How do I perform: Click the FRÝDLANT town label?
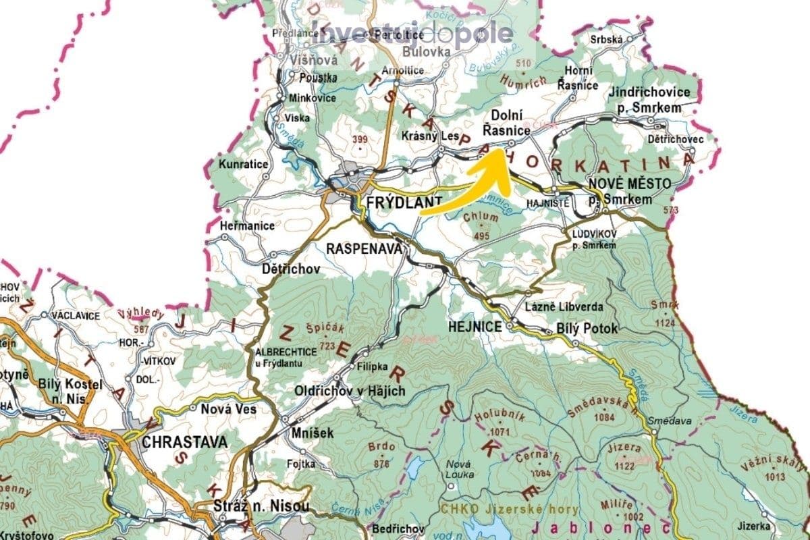[x=403, y=201]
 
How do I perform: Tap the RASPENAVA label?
[x=364, y=248]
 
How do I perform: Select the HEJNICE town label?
[x=475, y=327]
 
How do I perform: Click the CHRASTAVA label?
[x=184, y=443]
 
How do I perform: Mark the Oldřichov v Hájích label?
[x=350, y=391]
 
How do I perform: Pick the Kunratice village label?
[x=243, y=164]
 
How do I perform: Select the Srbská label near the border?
[x=605, y=39]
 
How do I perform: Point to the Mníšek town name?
[x=313, y=433]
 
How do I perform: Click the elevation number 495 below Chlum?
[x=481, y=236]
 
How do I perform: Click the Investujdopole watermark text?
[x=412, y=34]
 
